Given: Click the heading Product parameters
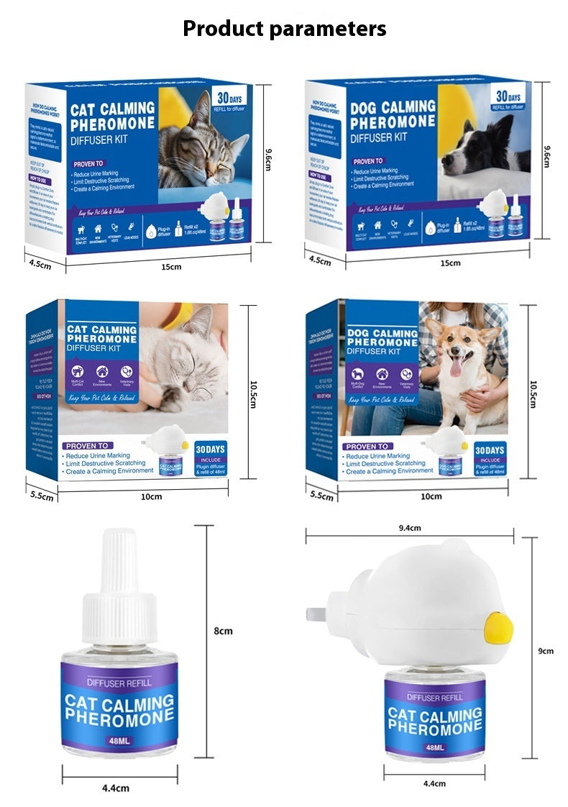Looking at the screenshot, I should pyautogui.click(x=284, y=29).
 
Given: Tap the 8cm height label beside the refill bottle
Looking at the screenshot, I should pyautogui.click(x=223, y=631).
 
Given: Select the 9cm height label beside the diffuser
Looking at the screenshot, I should pyautogui.click(x=546, y=651).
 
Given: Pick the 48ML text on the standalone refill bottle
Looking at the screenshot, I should pyautogui.click(x=119, y=742).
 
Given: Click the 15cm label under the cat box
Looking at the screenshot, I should pyautogui.click(x=170, y=267).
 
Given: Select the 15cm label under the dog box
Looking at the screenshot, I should pyautogui.click(x=450, y=263).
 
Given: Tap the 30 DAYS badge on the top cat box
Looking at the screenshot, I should pyautogui.click(x=230, y=99).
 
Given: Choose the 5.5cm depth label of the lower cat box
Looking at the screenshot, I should pyautogui.click(x=42, y=496).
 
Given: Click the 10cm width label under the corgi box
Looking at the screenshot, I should pyautogui.click(x=431, y=496).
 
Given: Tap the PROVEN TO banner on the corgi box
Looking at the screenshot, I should pyautogui.click(x=367, y=446).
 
